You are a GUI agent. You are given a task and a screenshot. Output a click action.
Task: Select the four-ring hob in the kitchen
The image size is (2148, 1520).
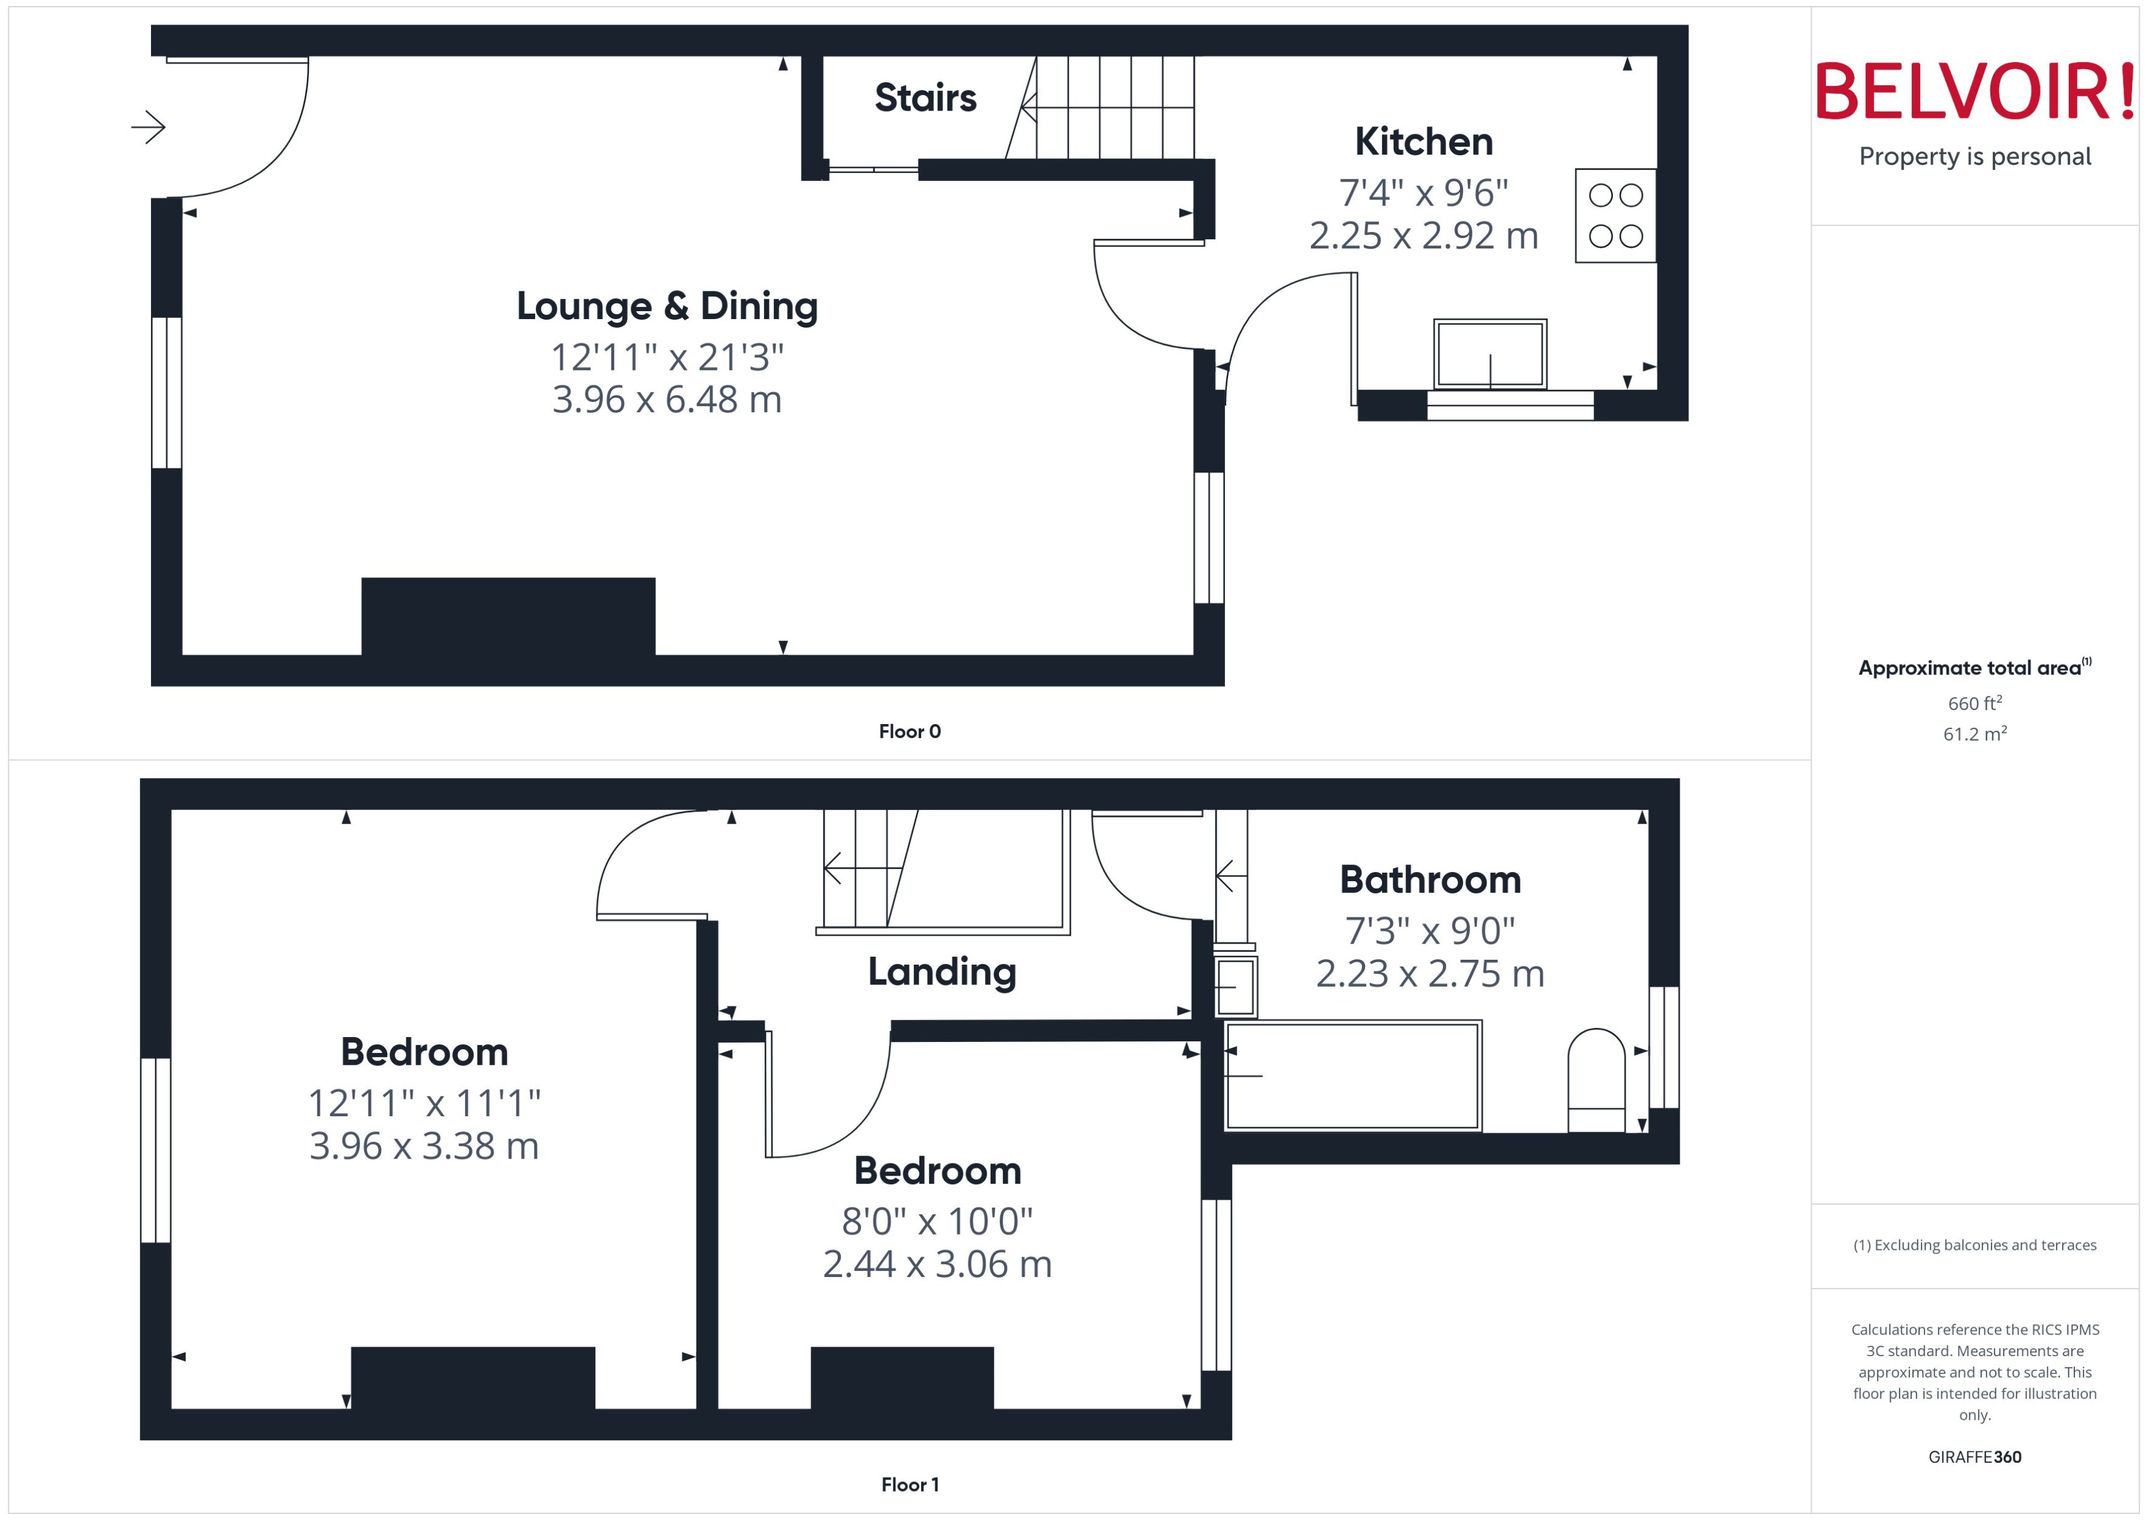tap(1615, 215)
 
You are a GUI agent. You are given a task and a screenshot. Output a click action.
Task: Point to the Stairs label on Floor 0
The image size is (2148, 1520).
tap(925, 98)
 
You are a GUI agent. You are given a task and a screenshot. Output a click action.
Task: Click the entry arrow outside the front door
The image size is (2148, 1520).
tap(148, 126)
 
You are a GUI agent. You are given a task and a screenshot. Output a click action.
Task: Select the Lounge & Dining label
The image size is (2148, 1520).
tap(666, 306)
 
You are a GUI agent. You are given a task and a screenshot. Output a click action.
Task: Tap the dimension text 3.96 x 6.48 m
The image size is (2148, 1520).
tap(666, 399)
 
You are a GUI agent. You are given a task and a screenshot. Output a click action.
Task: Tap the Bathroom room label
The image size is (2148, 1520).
tap(1429, 880)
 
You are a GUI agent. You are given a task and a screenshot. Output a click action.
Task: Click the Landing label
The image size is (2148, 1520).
tap(941, 971)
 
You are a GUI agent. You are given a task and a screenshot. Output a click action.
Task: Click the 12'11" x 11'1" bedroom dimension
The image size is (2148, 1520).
tap(424, 1103)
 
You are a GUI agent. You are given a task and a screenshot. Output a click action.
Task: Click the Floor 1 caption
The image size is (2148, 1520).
tap(909, 1484)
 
